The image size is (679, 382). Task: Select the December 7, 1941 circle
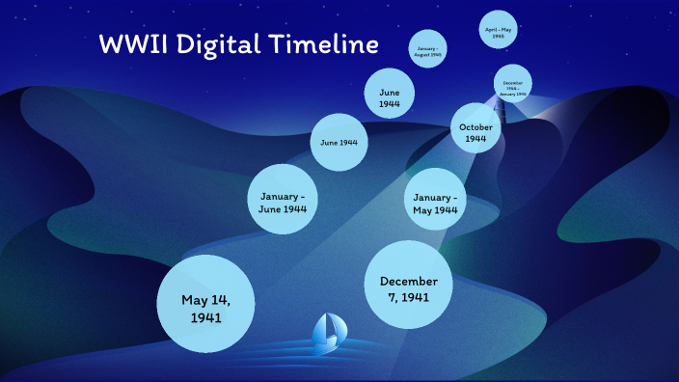409,287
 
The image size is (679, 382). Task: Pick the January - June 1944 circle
284,201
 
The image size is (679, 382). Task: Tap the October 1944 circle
475,132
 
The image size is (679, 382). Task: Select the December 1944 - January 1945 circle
513,85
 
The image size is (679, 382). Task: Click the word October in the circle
475,127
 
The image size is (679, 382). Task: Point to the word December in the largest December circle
409,281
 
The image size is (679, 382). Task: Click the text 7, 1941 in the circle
409,296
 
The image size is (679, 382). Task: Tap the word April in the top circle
495,30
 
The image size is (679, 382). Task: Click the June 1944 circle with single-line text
339,143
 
